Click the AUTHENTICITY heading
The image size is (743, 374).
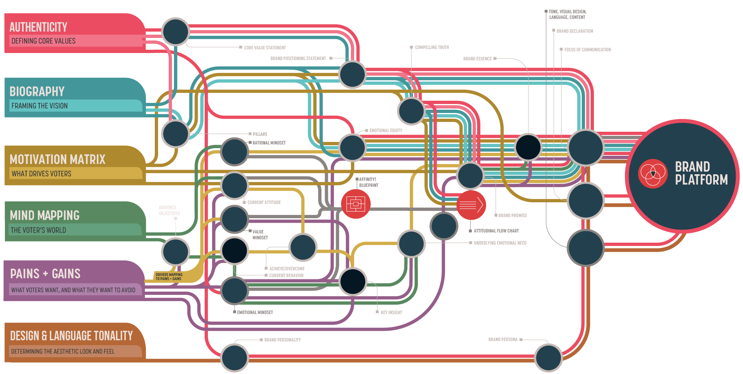[x=38, y=27]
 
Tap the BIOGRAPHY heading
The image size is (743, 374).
[x=37, y=91]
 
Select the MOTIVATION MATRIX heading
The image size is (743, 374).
[x=58, y=159]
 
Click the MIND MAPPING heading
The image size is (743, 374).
[x=45, y=215]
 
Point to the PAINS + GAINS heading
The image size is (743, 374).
[x=45, y=274]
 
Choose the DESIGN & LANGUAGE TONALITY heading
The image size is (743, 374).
[x=71, y=336]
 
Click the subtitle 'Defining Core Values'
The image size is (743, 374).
[x=43, y=41]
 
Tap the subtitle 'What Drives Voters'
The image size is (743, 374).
[x=41, y=174]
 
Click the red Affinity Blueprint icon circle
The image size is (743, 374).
[x=356, y=204]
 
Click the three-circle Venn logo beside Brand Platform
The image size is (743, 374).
[x=652, y=173]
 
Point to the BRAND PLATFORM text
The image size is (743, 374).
[x=701, y=173]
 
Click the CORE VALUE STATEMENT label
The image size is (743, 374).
[x=265, y=48]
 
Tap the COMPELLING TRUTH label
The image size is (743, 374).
[x=432, y=47]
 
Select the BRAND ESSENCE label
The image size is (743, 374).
[x=477, y=59]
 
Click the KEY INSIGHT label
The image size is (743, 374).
[x=391, y=312]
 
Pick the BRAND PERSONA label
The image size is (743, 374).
[x=503, y=339]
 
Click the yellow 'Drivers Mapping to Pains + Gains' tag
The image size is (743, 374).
[x=169, y=277]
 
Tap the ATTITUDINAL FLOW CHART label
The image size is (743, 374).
[x=496, y=231]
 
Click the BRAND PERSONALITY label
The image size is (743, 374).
[x=282, y=340]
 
